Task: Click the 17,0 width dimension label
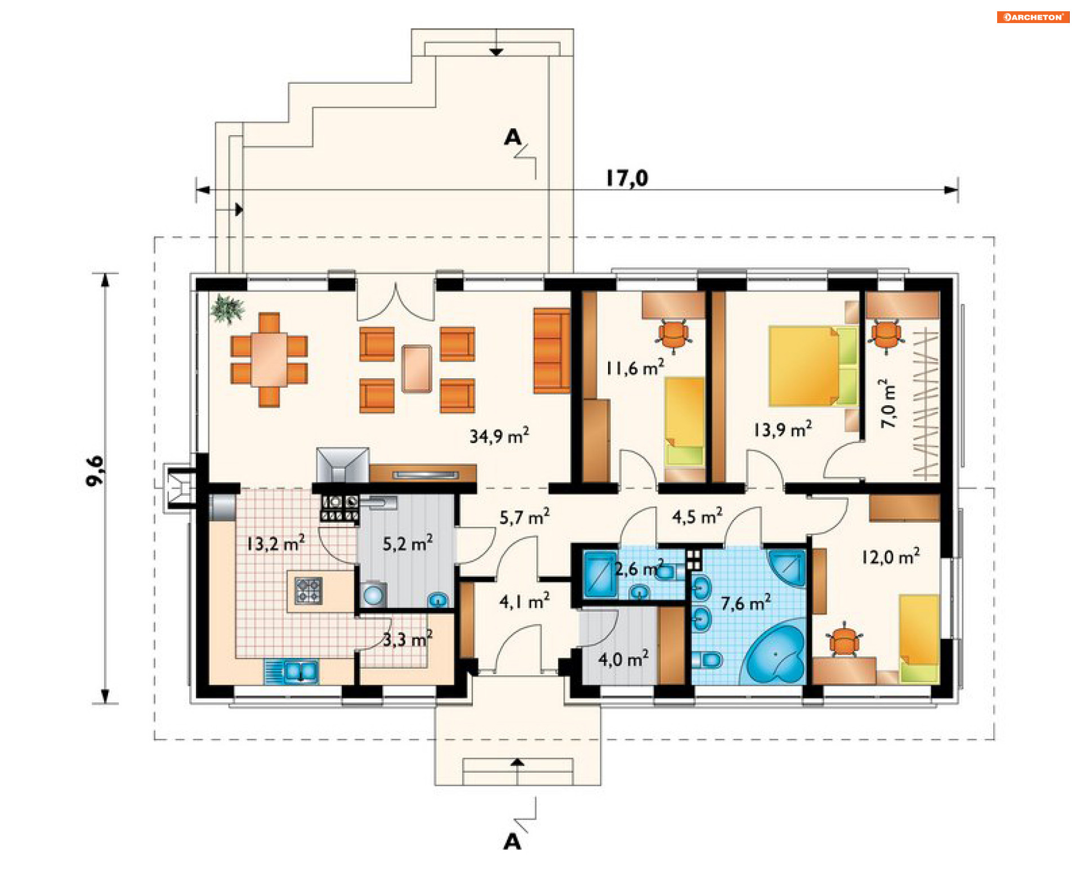(x=627, y=178)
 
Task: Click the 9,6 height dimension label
(x=95, y=471)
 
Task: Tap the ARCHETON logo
(x=1033, y=17)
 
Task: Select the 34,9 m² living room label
(x=499, y=436)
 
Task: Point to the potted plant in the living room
(x=227, y=309)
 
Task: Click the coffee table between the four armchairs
(x=417, y=369)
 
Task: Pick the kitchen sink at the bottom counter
(x=291, y=671)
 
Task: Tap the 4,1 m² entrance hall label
(x=524, y=602)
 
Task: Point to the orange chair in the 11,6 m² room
(x=673, y=336)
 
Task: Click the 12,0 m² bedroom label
(x=891, y=557)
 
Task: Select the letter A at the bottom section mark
(x=512, y=842)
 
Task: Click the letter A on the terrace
(x=513, y=137)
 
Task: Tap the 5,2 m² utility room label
(x=408, y=543)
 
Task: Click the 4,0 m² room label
(x=623, y=658)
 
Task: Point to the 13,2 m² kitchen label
(x=276, y=543)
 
